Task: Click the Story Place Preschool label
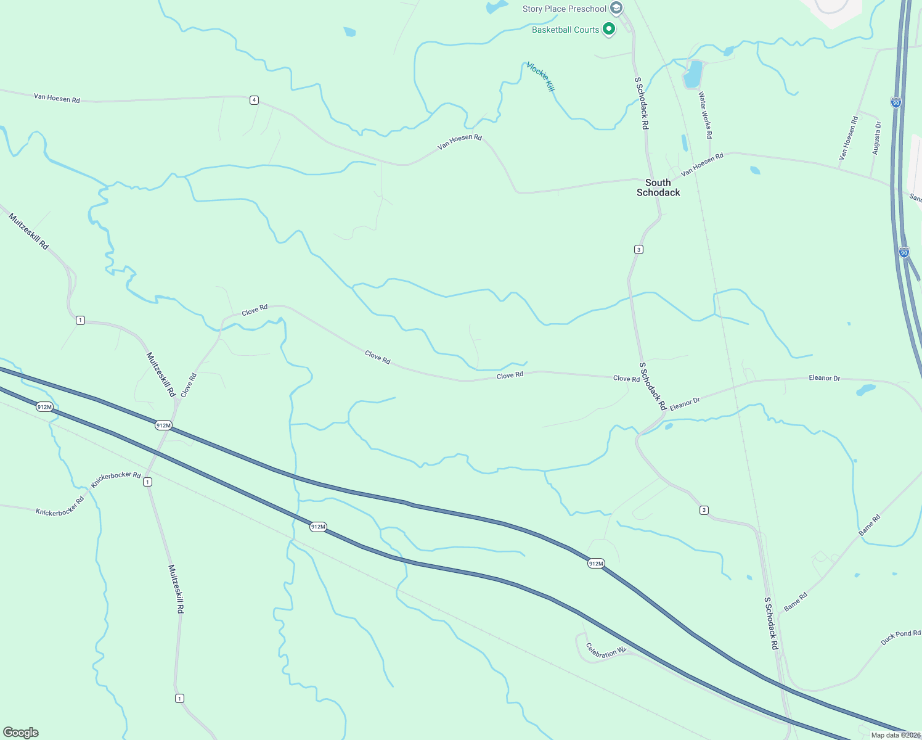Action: click(x=564, y=9)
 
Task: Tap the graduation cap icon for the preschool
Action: click(x=616, y=9)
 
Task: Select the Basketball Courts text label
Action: click(x=565, y=30)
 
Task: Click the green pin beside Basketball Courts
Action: click(x=609, y=29)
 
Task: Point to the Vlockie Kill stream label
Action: click(x=541, y=77)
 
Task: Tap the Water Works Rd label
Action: click(x=706, y=115)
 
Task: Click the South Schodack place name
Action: click(x=658, y=187)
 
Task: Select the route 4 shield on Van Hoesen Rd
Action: click(x=254, y=100)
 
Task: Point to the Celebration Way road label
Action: click(x=606, y=651)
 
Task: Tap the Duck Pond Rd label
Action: click(x=900, y=638)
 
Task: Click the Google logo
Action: click(x=21, y=732)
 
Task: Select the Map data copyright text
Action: click(x=895, y=735)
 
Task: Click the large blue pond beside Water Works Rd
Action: click(x=693, y=74)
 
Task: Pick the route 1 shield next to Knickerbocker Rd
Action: click(x=147, y=482)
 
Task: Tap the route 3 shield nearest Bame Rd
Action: click(x=704, y=510)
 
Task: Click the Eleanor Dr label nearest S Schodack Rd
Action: click(x=685, y=405)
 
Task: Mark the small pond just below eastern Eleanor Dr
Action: click(x=865, y=390)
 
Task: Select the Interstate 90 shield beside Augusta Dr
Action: click(x=896, y=102)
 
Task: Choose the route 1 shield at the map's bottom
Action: click(x=179, y=698)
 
